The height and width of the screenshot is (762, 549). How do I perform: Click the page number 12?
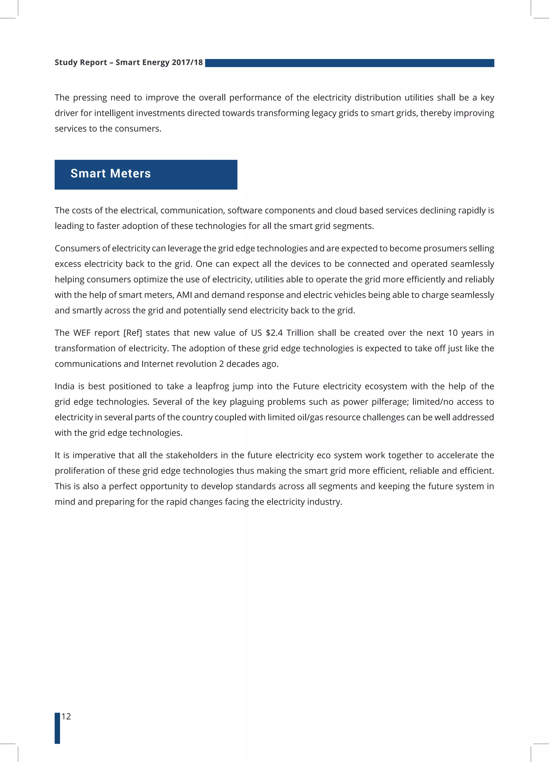(66, 717)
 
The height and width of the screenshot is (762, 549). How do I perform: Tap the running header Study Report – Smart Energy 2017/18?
(129, 62)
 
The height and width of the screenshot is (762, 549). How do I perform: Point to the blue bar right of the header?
(349, 63)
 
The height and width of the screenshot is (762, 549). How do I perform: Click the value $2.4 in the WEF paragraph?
(274, 333)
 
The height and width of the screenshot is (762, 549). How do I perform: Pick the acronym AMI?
(184, 295)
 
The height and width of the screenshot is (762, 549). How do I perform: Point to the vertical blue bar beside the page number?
(57, 728)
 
